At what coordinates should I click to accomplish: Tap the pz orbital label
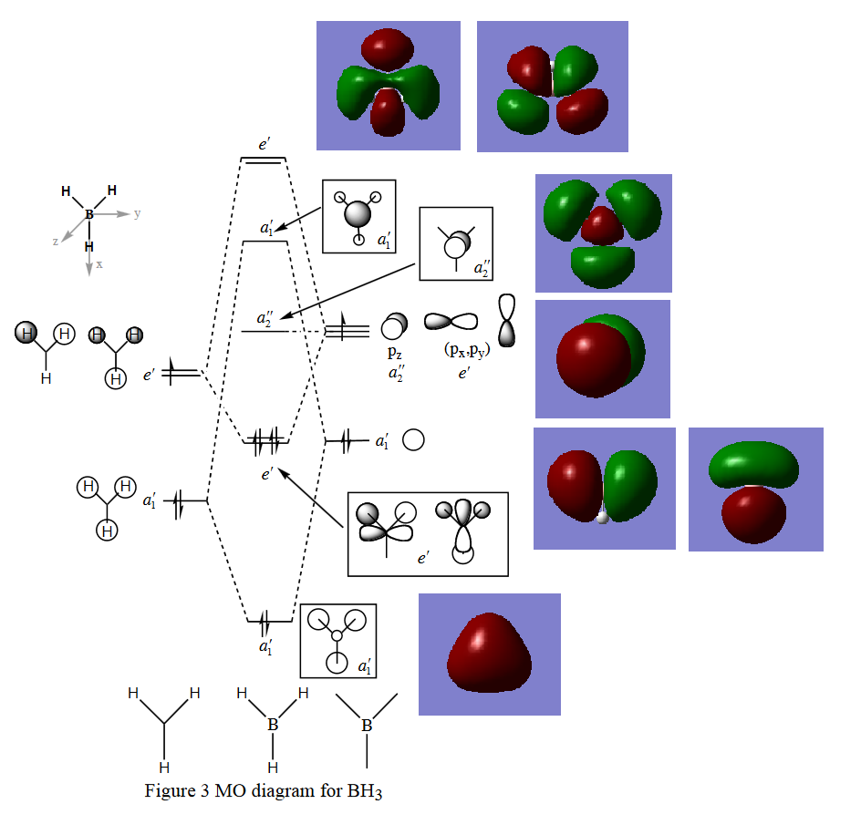(395, 352)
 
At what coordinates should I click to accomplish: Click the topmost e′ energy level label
(264, 144)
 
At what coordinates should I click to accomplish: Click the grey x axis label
(99, 264)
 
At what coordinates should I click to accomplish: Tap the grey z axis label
(56, 242)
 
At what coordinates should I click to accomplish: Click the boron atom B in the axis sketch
(89, 214)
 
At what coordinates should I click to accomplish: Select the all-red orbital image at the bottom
(489, 655)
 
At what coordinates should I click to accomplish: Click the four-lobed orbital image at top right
(553, 86)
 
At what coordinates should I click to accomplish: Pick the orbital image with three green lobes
(603, 232)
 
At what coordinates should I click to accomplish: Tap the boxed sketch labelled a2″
(455, 243)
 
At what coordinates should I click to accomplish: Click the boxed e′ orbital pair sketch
(427, 534)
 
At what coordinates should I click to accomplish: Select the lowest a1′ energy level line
(269, 622)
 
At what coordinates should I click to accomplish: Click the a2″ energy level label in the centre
(265, 318)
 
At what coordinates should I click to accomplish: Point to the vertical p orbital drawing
(507, 320)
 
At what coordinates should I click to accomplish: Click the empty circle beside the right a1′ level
(413, 440)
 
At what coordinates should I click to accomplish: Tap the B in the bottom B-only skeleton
(367, 727)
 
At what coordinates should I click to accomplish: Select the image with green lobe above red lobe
(755, 489)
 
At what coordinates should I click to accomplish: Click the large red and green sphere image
(602, 359)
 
